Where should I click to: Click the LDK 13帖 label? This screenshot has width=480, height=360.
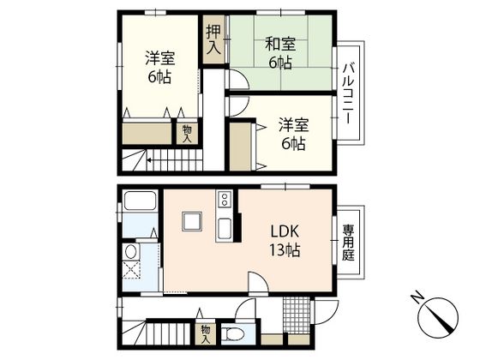[x=285, y=241]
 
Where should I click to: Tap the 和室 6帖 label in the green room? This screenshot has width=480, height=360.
[x=280, y=53]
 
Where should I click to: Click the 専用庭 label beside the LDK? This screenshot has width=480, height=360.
[x=348, y=242]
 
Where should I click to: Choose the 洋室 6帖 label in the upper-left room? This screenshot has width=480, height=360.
[x=155, y=67]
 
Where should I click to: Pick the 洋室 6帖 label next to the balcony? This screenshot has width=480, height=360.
[x=291, y=134]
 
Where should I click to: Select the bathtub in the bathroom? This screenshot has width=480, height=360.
[x=139, y=205]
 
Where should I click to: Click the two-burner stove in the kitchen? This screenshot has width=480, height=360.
[x=225, y=200]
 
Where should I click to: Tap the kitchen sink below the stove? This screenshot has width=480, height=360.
[x=225, y=229]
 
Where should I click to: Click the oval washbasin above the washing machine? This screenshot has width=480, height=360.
[x=131, y=251]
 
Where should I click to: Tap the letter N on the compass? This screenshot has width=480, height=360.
[x=417, y=299]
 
